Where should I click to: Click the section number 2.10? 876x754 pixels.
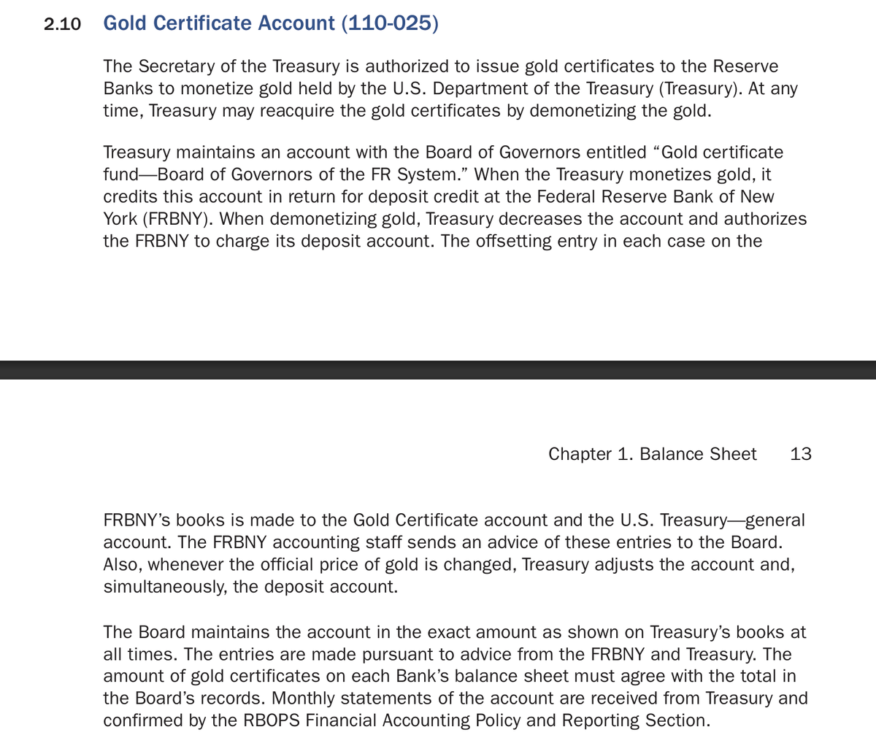click(x=62, y=24)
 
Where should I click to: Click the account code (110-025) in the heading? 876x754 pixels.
click(x=389, y=23)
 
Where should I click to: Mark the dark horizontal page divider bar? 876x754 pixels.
click(x=438, y=370)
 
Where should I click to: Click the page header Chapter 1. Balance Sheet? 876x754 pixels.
click(x=652, y=454)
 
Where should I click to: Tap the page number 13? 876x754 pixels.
click(x=801, y=454)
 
